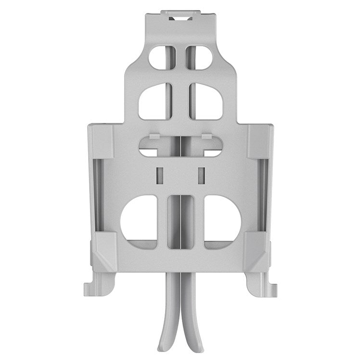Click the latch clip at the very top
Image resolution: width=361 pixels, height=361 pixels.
point(180,16)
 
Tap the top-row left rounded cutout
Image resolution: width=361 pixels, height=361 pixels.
point(159,57)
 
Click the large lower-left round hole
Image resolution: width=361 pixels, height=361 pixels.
point(139,219)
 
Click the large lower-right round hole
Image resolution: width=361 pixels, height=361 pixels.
point(222,219)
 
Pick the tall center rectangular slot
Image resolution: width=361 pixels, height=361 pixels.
point(180,221)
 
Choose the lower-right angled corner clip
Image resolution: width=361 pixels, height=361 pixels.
point(257,251)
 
